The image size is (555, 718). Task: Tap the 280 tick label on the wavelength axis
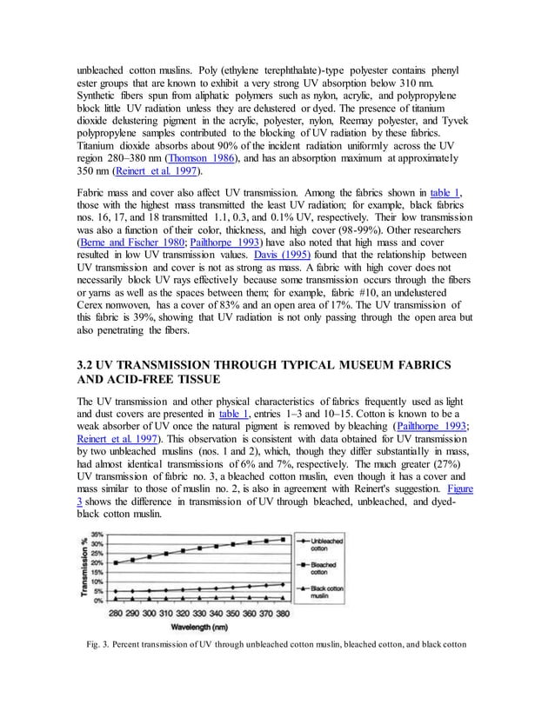(x=114, y=611)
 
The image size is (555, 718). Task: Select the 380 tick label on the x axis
(x=283, y=611)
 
